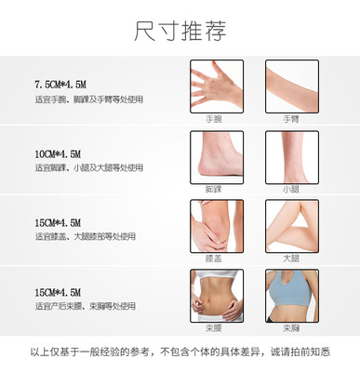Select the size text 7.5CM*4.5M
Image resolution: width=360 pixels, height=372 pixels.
pos(61,85)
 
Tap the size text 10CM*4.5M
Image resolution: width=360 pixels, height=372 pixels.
pos(59,154)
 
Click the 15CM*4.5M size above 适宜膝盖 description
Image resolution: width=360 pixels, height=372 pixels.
pos(59,223)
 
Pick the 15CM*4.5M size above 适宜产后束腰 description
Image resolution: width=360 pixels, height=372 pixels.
pos(59,292)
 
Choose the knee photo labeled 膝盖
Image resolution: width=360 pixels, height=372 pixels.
pos(217,225)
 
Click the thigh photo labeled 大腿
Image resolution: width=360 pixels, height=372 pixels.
pos(292,225)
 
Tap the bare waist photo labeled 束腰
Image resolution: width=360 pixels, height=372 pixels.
pos(217,295)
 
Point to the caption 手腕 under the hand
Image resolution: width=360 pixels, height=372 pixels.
pos(217,119)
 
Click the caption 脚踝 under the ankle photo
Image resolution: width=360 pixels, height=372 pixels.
pos(217,189)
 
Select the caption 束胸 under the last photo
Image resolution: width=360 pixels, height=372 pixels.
pos(292,327)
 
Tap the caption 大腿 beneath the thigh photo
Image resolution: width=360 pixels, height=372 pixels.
pos(292,258)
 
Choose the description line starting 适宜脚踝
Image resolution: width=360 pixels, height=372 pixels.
pos(89,168)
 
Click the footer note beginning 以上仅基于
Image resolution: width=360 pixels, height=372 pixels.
pos(180,352)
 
